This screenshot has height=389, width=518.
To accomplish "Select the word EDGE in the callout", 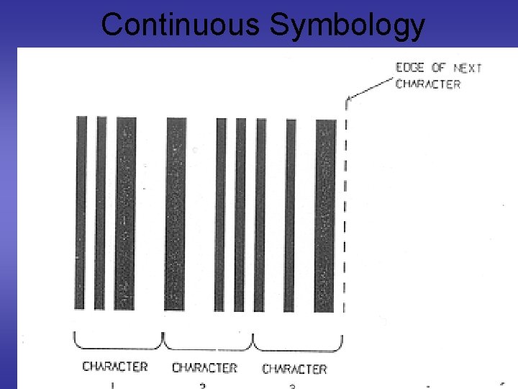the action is pyautogui.click(x=410, y=68).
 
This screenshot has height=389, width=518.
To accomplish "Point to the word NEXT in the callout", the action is pyautogui.click(x=468, y=68).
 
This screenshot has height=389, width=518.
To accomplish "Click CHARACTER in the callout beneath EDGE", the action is pyautogui.click(x=428, y=84).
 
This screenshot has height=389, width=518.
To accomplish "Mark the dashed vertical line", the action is pyautogui.click(x=346, y=209).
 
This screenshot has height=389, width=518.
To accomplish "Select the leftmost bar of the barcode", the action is pyautogui.click(x=81, y=213).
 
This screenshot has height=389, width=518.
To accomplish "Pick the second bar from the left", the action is pyautogui.click(x=101, y=213).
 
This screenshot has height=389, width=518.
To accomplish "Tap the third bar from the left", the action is pyautogui.click(x=125, y=213).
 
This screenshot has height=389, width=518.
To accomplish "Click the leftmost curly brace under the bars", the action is pyautogui.click(x=119, y=339).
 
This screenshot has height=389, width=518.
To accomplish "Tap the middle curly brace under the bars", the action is pyautogui.click(x=209, y=339).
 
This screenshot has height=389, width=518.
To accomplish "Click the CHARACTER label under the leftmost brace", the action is pyautogui.click(x=115, y=367).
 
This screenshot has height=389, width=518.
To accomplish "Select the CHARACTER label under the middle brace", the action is pyautogui.click(x=204, y=368).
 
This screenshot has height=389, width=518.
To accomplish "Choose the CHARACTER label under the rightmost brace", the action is pyautogui.click(x=294, y=370).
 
